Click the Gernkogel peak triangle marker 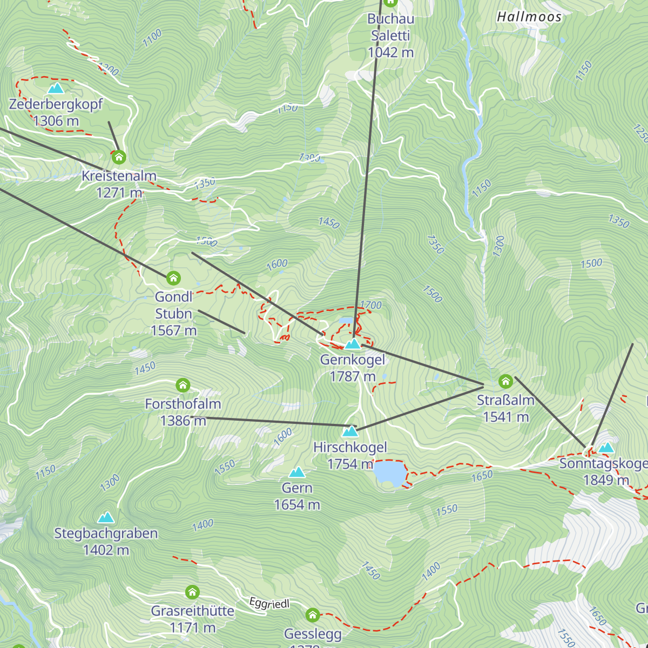(x=353, y=344)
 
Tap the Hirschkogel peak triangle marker (x=350, y=431)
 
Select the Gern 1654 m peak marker (x=297, y=473)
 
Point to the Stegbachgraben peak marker (x=106, y=517)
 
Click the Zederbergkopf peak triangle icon (x=56, y=88)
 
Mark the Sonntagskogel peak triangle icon (x=606, y=447)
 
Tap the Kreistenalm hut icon (x=119, y=157)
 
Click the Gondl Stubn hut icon (x=173, y=278)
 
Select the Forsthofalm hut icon (x=183, y=385)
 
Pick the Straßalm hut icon (x=505, y=381)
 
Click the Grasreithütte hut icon (x=192, y=592)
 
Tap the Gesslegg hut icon (x=312, y=615)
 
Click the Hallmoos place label (x=529, y=17)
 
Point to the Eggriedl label (x=269, y=603)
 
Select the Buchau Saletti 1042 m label (x=390, y=36)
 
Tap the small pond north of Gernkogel (x=346, y=320)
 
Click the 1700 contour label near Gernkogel (x=370, y=305)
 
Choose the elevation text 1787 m (x=353, y=376)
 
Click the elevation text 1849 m (x=606, y=480)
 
